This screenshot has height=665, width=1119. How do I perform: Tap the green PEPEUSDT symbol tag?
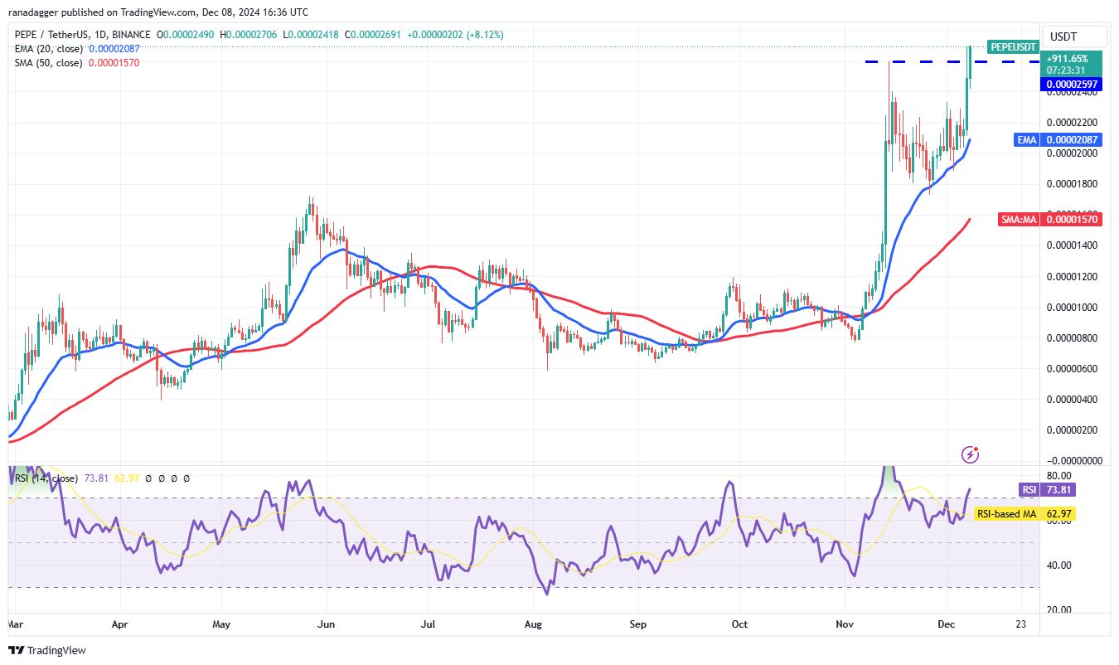pyautogui.click(x=1013, y=46)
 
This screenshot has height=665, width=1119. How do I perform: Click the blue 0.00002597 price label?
pyautogui.click(x=1072, y=84)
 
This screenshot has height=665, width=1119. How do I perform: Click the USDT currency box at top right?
pyautogui.click(x=1063, y=36)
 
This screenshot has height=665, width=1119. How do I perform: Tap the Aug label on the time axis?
pyautogui.click(x=533, y=624)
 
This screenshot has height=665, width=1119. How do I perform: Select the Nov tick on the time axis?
pyautogui.click(x=845, y=624)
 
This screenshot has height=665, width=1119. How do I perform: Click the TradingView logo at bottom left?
pyautogui.click(x=48, y=651)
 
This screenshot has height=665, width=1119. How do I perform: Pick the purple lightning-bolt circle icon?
pyautogui.click(x=971, y=454)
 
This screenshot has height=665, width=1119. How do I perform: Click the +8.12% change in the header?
pyautogui.click(x=487, y=35)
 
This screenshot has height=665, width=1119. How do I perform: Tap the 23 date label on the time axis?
pyautogui.click(x=1020, y=624)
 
